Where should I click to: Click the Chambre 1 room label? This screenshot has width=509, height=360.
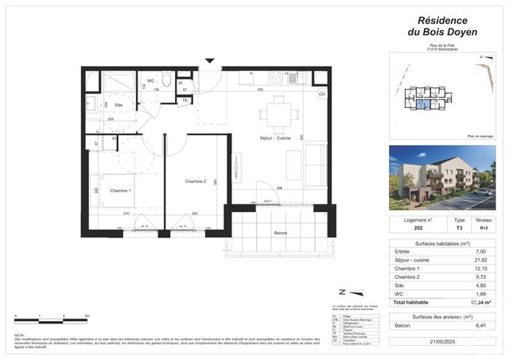pos(120,191)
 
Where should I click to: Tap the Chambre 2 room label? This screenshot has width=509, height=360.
pos(196,182)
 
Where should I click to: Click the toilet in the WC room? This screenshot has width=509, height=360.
pos(167,80)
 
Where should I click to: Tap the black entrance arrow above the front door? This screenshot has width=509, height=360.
pos(209,60)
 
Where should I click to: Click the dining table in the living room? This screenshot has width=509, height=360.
pos(278,113)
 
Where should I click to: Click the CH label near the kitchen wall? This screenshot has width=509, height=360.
pos(322,95)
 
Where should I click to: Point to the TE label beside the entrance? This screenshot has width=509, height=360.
pos(185,99)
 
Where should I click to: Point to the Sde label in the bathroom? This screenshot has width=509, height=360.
pos(118,105)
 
